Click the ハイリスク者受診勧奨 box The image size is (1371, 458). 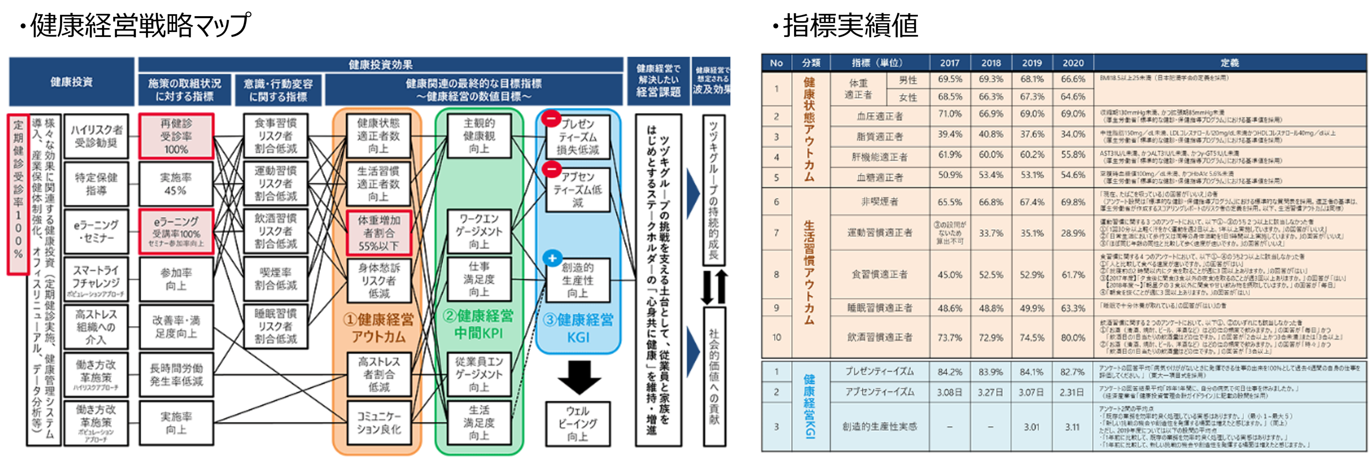[96, 136]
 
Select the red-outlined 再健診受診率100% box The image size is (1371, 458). [176, 136]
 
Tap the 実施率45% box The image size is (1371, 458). [176, 183]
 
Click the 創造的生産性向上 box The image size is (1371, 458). [578, 280]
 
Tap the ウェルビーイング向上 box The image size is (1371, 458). [578, 424]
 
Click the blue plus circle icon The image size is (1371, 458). [552, 258]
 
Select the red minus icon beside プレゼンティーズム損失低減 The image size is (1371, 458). [551, 118]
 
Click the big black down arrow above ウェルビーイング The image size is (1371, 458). [579, 376]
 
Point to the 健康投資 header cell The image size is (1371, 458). [71, 82]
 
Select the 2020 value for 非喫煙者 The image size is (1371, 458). [1073, 202]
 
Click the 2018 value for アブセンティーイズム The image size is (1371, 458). [991, 392]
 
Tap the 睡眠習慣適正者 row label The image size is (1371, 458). [879, 308]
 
